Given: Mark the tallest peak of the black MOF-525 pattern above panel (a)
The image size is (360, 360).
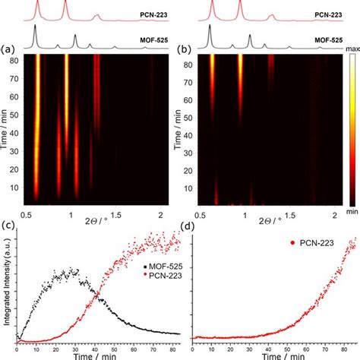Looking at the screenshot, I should click(36, 30).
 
